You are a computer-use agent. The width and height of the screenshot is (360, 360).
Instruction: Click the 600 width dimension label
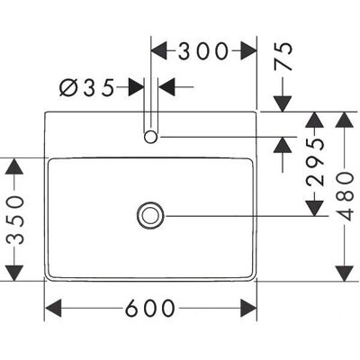coord(149,308)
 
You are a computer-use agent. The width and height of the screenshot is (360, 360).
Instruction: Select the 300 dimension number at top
coord(203,50)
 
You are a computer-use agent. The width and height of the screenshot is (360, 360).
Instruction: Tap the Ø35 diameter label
coord(86,87)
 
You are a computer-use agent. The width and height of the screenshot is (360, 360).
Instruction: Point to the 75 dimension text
coord(283,56)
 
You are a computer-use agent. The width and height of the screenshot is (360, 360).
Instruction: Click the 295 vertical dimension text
coord(315,162)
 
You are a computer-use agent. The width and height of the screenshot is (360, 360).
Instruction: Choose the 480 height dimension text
coord(345,196)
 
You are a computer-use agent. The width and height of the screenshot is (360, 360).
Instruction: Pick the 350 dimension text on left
coord(15,220)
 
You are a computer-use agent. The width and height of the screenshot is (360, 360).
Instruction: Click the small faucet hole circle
coord(150,137)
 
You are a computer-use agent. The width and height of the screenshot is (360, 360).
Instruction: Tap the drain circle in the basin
coord(150,216)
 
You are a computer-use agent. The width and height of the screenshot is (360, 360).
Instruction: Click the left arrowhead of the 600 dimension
coord(53,308)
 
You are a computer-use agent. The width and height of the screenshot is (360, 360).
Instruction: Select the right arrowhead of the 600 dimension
coord(248,308)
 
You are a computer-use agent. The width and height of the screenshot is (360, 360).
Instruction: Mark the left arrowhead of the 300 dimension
coord(158,50)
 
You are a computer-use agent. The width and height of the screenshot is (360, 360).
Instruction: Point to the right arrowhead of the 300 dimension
coord(248,50)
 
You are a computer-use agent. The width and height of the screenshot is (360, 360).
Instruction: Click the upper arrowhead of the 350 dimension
coord(14,166)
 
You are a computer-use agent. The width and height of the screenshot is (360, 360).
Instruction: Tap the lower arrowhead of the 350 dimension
coord(14,274)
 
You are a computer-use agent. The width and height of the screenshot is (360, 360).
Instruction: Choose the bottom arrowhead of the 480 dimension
coord(345,274)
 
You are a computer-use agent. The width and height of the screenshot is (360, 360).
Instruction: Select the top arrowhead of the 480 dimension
coord(345,120)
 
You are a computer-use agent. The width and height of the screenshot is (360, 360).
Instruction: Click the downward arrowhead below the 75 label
coord(283,104)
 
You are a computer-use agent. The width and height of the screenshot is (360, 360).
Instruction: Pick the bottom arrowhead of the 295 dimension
coord(314,208)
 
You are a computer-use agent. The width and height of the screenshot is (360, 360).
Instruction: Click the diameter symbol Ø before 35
coord(68,87)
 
